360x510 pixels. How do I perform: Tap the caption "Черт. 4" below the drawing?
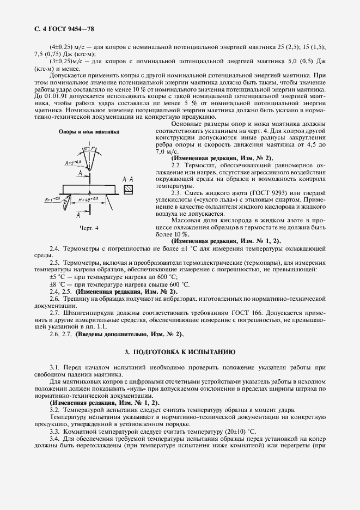point(89,227)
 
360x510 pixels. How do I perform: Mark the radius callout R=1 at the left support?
point(53,199)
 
